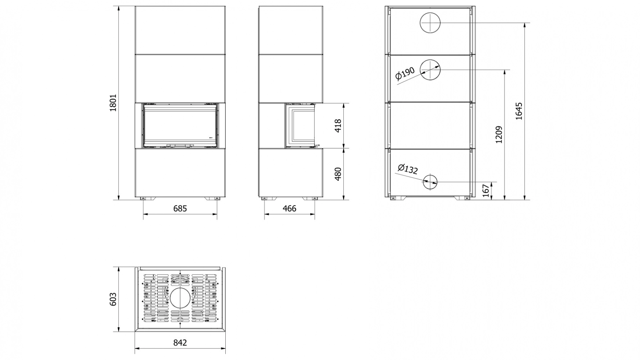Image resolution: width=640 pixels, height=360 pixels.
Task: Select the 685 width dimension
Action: pyautogui.click(x=180, y=208)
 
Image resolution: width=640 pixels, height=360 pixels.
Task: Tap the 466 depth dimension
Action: pyautogui.click(x=289, y=208)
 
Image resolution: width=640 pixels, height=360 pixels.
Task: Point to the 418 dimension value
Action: pyautogui.click(x=337, y=125)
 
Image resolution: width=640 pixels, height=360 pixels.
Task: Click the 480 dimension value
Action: pyautogui.click(x=337, y=174)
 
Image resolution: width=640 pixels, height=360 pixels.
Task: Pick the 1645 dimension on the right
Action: pyautogui.click(x=519, y=111)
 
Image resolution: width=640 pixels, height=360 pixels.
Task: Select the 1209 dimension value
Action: pyautogui.click(x=499, y=135)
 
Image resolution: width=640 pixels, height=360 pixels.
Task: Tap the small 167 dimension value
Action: pyautogui.click(x=485, y=191)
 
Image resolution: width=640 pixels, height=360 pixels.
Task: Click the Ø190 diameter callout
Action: pyautogui.click(x=405, y=73)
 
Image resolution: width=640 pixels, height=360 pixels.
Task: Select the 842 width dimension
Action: pyautogui.click(x=180, y=343)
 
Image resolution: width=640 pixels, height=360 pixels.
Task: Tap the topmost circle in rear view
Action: pyautogui.click(x=430, y=23)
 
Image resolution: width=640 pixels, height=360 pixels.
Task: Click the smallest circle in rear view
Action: pyautogui.click(x=430, y=182)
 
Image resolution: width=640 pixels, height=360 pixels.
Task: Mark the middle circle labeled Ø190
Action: pyautogui.click(x=430, y=70)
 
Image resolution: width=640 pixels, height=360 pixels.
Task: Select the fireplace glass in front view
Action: pyautogui.click(x=180, y=126)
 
